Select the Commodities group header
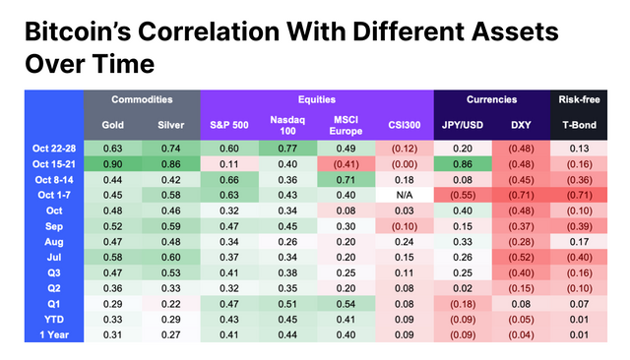coord(142,99)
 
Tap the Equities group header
coord(317,99)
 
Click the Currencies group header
coord(491,99)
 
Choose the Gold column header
coord(113,125)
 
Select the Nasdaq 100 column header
coord(287,125)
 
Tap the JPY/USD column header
coord(463,125)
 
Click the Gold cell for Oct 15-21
coord(113,163)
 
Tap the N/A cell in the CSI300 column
coord(404,195)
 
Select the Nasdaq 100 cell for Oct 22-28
coord(287,148)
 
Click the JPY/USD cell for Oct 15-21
coord(463,163)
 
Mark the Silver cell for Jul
coord(171,257)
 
